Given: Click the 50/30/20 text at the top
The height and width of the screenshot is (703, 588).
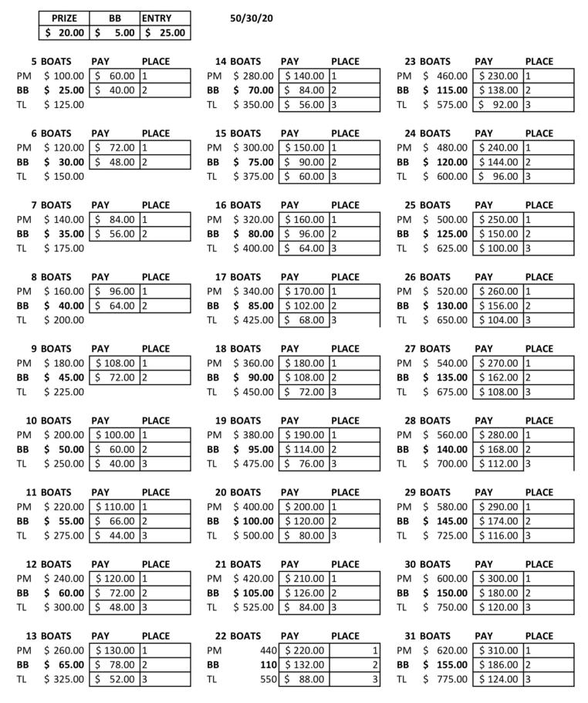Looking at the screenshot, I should pos(252,18).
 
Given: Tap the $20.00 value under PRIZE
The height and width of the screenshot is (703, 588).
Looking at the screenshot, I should pos(64,32).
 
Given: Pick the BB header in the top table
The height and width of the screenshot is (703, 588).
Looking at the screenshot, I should pos(115,18).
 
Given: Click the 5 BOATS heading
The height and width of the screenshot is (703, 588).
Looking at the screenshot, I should pos(50,61).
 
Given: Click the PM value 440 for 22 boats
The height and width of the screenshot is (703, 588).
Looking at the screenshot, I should pos(264,651).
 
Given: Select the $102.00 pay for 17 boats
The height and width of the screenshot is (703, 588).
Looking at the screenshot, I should pos(305,306).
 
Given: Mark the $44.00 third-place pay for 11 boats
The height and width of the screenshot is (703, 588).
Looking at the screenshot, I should pos(115,536).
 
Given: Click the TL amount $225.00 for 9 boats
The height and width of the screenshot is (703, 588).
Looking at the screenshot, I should pos(64,392).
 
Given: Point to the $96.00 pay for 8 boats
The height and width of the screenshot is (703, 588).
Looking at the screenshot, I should pos(115,292).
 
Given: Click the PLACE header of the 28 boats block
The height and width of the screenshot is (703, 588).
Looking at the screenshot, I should pos(539,421).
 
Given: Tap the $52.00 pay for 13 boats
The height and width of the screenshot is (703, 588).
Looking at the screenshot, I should pos(115,679).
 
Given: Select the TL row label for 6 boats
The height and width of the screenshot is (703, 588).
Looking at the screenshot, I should pos(22,177).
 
